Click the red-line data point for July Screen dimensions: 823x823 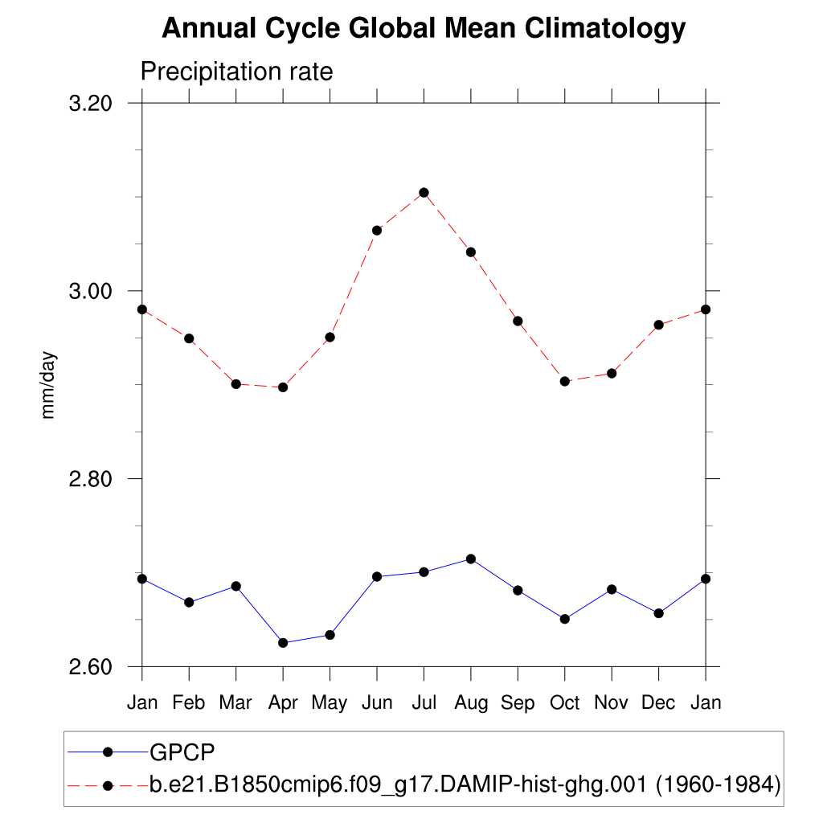pos(424,193)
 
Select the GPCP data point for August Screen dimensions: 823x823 pos(471,559)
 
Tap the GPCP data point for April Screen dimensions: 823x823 pos(283,643)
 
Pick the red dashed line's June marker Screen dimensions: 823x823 pos(377,231)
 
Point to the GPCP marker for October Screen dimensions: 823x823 pos(565,619)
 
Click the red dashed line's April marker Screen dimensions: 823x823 pos(283,387)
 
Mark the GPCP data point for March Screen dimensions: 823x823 pos(236,586)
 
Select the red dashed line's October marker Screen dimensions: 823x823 pos(565,381)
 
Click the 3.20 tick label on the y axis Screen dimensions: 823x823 pos(88,103)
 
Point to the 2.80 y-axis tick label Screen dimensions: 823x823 pos(88,479)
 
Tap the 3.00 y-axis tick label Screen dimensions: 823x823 pos(88,291)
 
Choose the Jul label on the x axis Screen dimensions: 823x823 pos(424,702)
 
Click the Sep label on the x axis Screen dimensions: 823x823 pos(518,702)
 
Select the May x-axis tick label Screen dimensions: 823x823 pos(330,703)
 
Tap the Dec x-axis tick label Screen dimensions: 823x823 pos(659,702)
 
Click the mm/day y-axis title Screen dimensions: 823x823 pos(49,385)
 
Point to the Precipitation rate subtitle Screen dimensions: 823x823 pos(236,72)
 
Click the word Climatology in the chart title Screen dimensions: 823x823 pos(605,30)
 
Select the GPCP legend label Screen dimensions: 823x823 pos(182,752)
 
